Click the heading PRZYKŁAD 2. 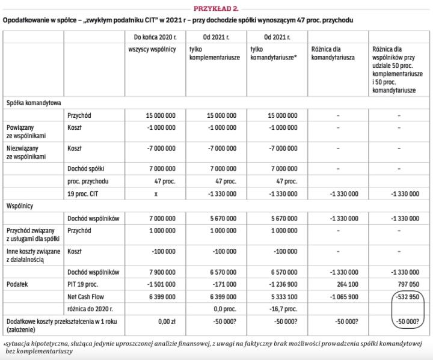click(x=216, y=7)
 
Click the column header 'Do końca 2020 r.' click(x=152, y=37)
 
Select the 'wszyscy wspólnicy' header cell click(x=152, y=49)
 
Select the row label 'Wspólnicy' click(x=20, y=206)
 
